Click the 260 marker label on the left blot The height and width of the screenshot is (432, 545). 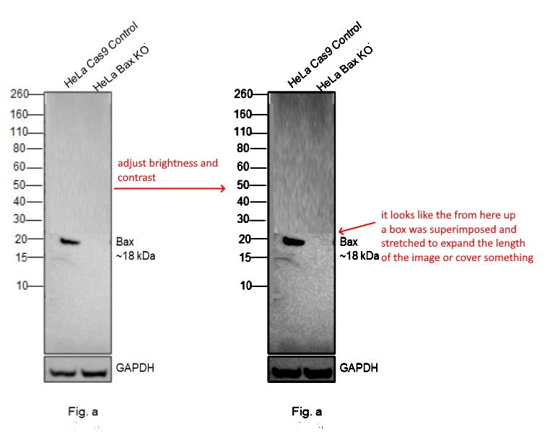click(x=19, y=94)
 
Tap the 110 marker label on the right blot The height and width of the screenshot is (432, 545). click(x=243, y=132)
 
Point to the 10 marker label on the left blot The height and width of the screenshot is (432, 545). click(x=22, y=286)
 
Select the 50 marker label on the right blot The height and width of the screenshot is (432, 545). click(x=243, y=185)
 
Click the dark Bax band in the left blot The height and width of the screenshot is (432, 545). click(x=70, y=242)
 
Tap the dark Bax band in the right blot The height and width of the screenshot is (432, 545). click(x=294, y=241)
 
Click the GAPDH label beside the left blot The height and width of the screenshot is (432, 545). click(x=135, y=368)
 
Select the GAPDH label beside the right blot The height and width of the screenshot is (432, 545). click(x=359, y=368)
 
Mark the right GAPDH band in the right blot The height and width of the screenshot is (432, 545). click(x=318, y=373)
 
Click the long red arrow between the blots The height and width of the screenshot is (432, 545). click(x=170, y=188)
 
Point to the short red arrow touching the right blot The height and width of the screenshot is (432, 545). click(x=357, y=226)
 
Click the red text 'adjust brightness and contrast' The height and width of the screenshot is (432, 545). click(x=167, y=170)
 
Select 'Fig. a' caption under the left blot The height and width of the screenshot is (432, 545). click(x=83, y=412)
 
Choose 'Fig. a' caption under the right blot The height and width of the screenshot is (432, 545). click(x=307, y=412)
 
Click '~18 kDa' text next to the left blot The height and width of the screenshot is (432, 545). click(x=136, y=256)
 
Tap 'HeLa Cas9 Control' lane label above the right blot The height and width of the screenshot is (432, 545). click(x=325, y=55)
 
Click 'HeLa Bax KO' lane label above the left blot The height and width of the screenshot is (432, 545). click(x=121, y=68)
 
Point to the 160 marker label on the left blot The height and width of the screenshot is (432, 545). click(x=19, y=114)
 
